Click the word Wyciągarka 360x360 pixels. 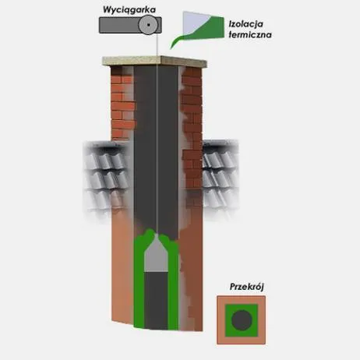[129, 10]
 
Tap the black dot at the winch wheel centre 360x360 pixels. [148, 25]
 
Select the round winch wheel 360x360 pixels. [148, 25]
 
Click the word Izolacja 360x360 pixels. [246, 24]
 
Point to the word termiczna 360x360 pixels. [250, 35]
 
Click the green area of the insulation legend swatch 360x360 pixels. [208, 30]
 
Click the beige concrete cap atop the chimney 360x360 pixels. [155, 61]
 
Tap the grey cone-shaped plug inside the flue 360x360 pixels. [156, 256]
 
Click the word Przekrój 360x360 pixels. [246, 287]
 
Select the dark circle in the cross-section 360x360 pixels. [242, 320]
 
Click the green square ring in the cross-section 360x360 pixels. [228, 320]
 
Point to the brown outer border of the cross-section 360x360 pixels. [221, 320]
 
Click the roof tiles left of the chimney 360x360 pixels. [107, 177]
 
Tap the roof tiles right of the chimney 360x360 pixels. [221, 177]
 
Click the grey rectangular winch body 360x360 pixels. [118, 25]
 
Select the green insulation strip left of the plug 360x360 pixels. [139, 281]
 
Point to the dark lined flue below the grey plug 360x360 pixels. [156, 301]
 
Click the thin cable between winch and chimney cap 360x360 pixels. [157, 45]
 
